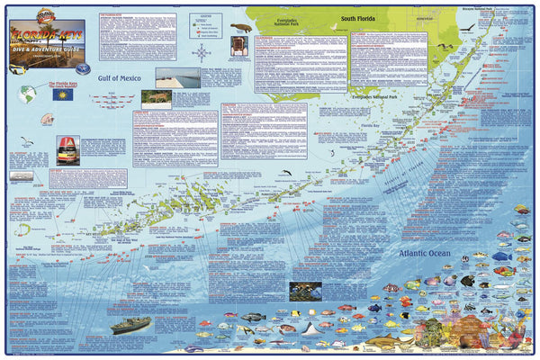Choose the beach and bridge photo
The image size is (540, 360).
pyautogui.click(x=176, y=77)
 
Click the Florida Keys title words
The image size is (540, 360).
pyautogui.click(x=54, y=33)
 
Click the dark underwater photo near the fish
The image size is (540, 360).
pyautogui.click(x=307, y=292)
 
